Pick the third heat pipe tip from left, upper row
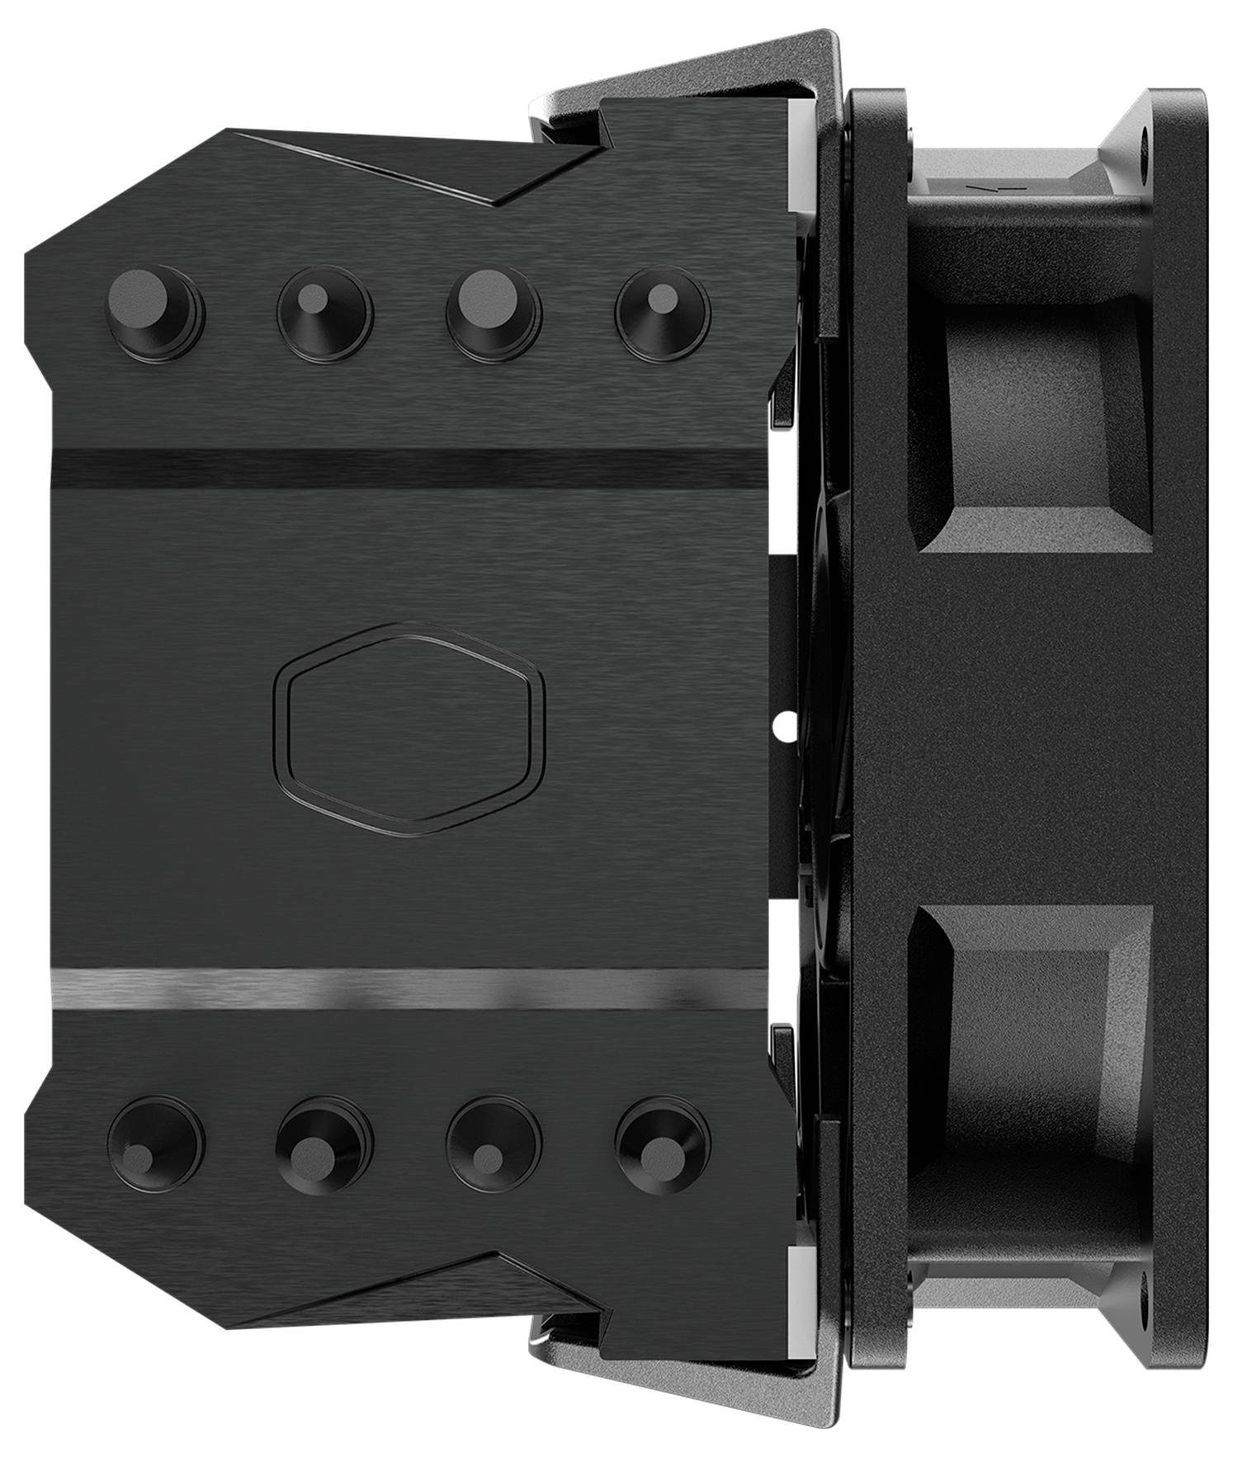pyautogui.click(x=493, y=313)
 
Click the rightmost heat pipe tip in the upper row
pyautogui.click(x=663, y=312)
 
